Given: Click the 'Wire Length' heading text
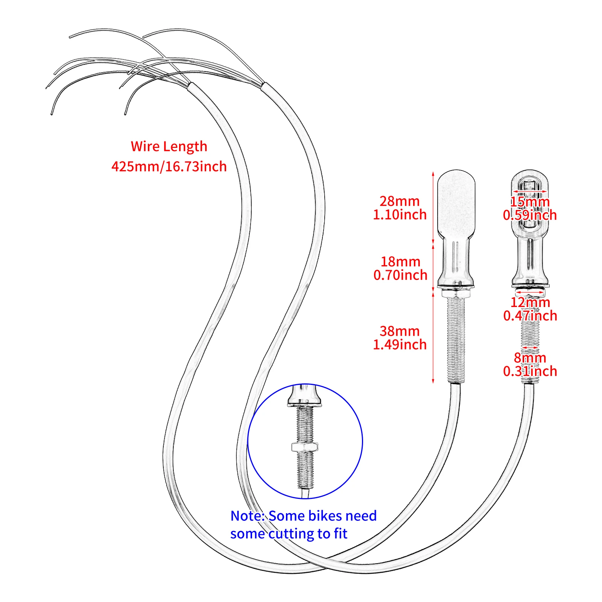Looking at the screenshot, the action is click(x=169, y=146).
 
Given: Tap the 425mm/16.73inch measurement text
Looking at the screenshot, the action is click(x=169, y=166).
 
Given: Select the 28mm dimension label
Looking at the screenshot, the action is click(x=399, y=201).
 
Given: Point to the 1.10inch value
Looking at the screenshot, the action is click(x=400, y=215).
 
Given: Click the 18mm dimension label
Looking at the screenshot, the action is click(x=400, y=261).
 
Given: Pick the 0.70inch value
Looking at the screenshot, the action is click(x=400, y=275).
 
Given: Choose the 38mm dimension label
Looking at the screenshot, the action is click(x=400, y=331).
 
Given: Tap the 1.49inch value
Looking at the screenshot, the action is click(x=400, y=345).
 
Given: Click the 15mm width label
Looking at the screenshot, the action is click(x=530, y=202).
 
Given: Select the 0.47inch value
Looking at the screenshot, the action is click(x=530, y=316).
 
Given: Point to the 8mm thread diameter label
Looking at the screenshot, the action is click(x=530, y=357).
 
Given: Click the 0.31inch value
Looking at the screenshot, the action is click(x=530, y=371).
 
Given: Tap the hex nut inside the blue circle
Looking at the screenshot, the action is click(x=305, y=447).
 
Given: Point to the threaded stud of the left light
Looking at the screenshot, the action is click(x=456, y=339).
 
